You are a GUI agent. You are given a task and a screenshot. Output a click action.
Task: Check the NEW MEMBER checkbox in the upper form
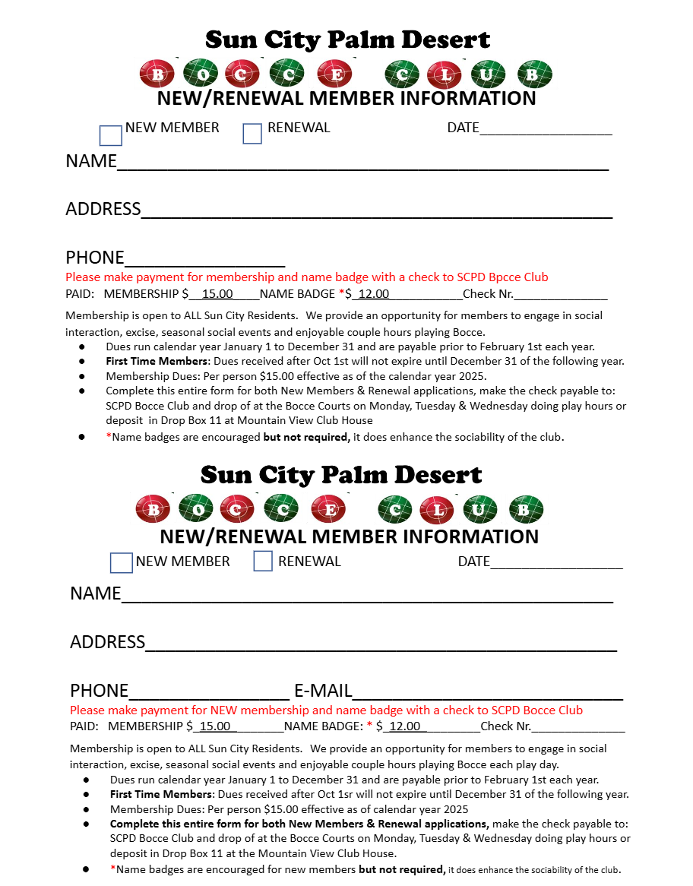[x=111, y=136]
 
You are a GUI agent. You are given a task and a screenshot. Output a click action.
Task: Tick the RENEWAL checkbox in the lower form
[x=263, y=562]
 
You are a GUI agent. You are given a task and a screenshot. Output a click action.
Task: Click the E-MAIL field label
[x=323, y=691]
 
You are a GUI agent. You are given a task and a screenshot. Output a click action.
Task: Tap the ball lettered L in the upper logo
[x=445, y=74]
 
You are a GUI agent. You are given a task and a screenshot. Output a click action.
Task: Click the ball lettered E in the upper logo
[x=334, y=74]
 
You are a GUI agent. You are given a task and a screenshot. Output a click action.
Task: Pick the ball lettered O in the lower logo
[x=196, y=509]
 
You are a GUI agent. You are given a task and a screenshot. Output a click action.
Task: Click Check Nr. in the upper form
[x=488, y=294]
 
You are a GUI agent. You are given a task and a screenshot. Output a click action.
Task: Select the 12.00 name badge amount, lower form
[x=404, y=726]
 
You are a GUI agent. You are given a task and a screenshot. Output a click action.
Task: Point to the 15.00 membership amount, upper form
[x=217, y=294]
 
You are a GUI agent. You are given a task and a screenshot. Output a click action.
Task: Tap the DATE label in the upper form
[x=463, y=128]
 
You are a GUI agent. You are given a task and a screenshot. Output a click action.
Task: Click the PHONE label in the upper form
[x=95, y=258]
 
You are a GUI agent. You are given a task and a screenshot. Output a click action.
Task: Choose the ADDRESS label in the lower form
[x=107, y=642]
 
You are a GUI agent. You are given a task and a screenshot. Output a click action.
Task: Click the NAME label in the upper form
[x=91, y=161]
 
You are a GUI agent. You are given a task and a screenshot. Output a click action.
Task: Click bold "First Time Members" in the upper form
[x=157, y=362]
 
